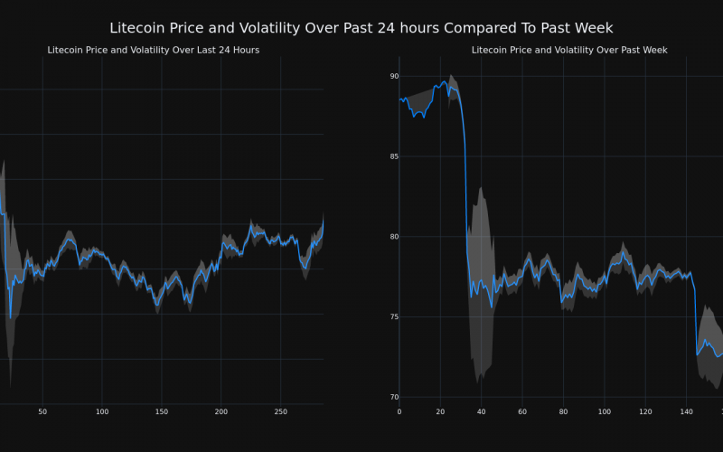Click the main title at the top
pyautogui.click(x=361, y=28)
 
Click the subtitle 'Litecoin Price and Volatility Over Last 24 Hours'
pyautogui.click(x=153, y=50)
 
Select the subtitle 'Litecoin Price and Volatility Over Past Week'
pyautogui.click(x=569, y=50)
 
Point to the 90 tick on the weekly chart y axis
pyautogui.click(x=394, y=77)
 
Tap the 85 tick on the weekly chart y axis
pyautogui.click(x=394, y=157)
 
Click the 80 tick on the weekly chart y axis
pyautogui.click(x=394, y=237)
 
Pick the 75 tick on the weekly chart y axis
pyautogui.click(x=394, y=317)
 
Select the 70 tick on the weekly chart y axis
pyautogui.click(x=394, y=397)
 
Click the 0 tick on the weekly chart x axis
pyautogui.click(x=399, y=412)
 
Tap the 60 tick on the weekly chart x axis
pyautogui.click(x=522, y=412)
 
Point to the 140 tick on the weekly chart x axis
pyautogui.click(x=686, y=412)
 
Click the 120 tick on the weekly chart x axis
pyautogui.click(x=645, y=412)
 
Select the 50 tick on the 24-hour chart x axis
pyautogui.click(x=42, y=412)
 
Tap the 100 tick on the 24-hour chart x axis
pyautogui.click(x=102, y=412)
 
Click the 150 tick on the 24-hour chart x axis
pyautogui.click(x=162, y=412)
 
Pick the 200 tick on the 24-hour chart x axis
pyautogui.click(x=221, y=412)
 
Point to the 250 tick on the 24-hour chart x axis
pyautogui.click(x=281, y=412)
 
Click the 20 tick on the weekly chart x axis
pyautogui.click(x=440, y=412)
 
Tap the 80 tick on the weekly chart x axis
pyautogui.click(x=563, y=412)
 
